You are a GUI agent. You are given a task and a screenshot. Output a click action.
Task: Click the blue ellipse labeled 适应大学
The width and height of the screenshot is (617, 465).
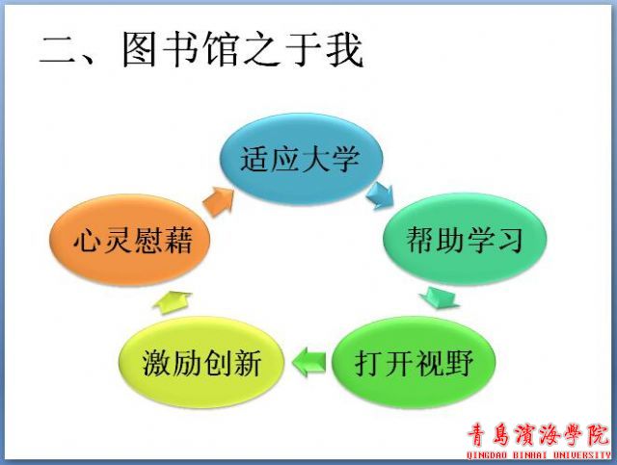[300, 159]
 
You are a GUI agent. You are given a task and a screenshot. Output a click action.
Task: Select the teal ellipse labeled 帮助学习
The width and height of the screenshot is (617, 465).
[465, 239]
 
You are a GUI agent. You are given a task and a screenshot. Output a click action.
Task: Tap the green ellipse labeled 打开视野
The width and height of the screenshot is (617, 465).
[414, 362]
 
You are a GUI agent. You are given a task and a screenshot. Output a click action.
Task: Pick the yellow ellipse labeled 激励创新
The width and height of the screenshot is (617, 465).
[201, 362]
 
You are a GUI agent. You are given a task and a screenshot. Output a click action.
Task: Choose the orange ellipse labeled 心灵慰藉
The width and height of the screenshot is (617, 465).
[130, 240]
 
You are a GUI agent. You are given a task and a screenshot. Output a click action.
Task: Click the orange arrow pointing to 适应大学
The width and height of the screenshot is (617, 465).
[218, 201]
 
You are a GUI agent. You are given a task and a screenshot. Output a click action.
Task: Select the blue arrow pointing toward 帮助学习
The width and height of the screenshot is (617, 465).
[380, 195]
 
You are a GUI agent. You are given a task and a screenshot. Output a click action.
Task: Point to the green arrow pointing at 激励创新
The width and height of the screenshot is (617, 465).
[308, 362]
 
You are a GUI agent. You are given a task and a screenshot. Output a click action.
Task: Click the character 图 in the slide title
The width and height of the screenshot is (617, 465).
[139, 50]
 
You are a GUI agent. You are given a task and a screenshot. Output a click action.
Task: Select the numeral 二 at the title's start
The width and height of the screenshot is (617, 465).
[58, 50]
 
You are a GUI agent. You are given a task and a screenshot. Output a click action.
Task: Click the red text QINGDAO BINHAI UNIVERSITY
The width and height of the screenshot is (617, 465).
[539, 455]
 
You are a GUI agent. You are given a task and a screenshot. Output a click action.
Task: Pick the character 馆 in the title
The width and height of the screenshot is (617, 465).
[222, 50]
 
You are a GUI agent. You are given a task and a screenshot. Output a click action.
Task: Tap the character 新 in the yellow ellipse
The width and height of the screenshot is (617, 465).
[247, 363]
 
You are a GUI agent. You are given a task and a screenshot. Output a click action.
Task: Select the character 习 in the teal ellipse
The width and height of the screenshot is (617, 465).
[510, 240]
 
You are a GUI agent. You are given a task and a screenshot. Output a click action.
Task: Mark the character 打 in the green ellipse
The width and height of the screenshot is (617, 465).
[368, 363]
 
